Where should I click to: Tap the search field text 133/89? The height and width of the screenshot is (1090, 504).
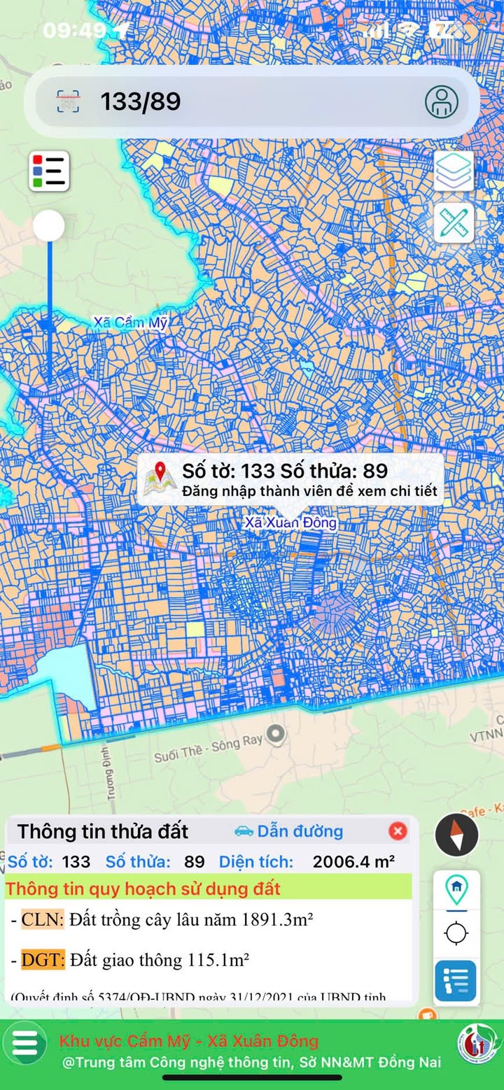pos(141,102)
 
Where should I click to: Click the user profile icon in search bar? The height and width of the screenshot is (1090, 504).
pos(442,102)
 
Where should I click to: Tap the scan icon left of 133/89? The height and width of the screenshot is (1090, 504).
pos(68,102)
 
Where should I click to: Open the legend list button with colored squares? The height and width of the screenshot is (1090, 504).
pos(49,171)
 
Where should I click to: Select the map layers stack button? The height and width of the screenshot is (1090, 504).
pos(454,171)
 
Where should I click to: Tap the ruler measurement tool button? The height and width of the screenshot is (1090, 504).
pos(454,223)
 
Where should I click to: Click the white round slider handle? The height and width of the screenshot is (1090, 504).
pos(49,226)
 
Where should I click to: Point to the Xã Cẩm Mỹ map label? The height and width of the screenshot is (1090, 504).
pos(130,323)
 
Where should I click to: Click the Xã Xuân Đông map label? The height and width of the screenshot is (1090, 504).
pos(290,523)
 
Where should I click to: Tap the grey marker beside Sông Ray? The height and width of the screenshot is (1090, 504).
pos(277,734)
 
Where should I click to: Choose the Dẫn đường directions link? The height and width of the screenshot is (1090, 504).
pos(289,831)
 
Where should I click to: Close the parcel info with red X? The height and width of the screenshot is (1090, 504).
pos(398,831)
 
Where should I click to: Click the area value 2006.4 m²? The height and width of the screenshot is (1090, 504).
pos(353,861)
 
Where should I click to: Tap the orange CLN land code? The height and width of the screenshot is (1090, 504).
pos(42,920)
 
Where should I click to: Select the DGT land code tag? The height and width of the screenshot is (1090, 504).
pos(43,960)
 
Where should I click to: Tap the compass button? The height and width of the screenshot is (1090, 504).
pos(456,834)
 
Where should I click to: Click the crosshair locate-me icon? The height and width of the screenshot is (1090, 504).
pos(456,933)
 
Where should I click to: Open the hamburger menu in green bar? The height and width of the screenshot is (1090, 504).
pos(24,1042)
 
